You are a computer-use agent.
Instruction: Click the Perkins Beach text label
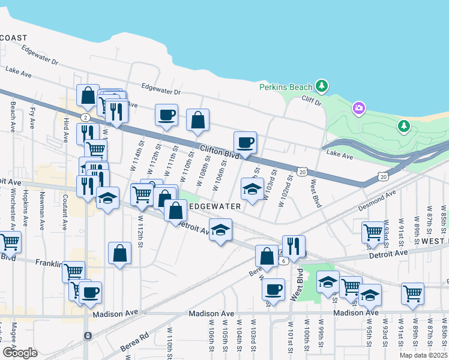coord(286,87)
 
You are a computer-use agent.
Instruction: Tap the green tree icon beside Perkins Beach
coord(322,86)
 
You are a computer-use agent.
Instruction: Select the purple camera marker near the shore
coord(359,108)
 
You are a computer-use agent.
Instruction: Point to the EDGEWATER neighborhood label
coord(215,206)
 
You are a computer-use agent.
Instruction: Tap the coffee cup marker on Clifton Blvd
coord(245,143)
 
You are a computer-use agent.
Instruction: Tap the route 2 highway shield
coord(86,117)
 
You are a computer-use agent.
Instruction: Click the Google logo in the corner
coord(20,352)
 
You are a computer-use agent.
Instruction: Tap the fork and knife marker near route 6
coord(294,245)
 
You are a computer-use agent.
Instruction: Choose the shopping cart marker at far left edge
coord(10,242)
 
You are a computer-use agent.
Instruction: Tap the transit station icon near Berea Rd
coord(88,335)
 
